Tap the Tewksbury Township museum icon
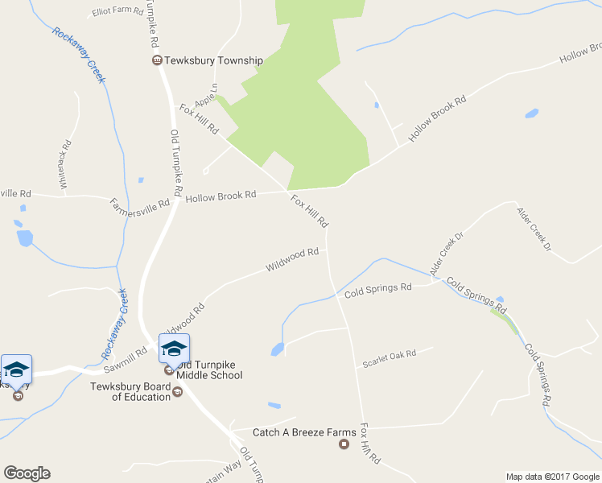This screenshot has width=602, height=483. [x=158, y=60]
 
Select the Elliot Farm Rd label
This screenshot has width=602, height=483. [x=118, y=12]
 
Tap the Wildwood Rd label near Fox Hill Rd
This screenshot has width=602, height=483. [x=292, y=259]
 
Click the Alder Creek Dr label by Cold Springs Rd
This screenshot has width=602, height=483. [x=447, y=255]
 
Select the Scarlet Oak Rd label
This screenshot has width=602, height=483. [x=389, y=358]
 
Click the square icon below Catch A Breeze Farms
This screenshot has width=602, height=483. [x=344, y=444]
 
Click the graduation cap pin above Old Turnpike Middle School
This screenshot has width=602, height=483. [x=174, y=348]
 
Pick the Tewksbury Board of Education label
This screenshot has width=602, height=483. [x=130, y=391]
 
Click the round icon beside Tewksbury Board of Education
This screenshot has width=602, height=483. [x=178, y=391]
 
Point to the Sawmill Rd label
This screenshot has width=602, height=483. [x=124, y=359]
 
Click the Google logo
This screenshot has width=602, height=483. [x=27, y=473]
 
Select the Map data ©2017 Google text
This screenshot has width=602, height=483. [x=552, y=477]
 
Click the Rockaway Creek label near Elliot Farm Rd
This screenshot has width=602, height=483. [x=78, y=55]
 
